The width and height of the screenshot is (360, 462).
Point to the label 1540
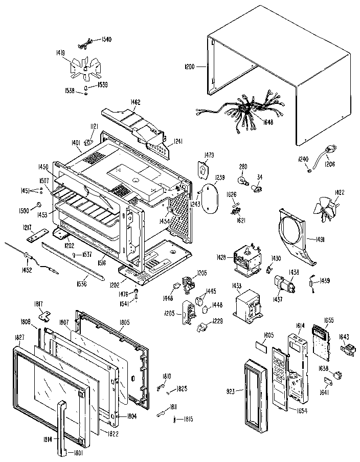click(106, 39)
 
